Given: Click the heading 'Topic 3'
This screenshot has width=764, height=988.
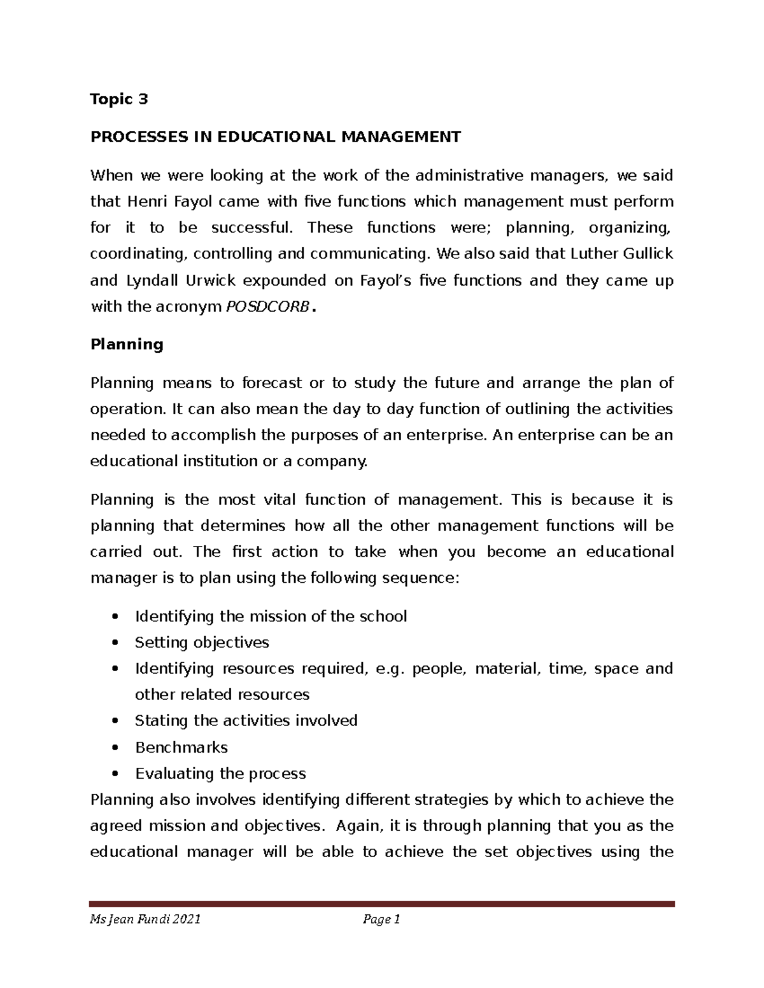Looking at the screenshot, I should click(x=119, y=99).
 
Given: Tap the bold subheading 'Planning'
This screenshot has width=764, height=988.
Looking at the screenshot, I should click(x=127, y=345).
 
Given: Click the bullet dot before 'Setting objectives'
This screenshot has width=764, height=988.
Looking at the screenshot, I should click(x=115, y=643).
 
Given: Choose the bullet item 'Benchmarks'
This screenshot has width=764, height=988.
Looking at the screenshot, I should click(x=181, y=748).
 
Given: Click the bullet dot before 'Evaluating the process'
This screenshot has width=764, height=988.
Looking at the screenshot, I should click(x=115, y=774).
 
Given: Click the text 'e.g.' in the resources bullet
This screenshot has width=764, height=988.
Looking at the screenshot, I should click(x=390, y=669).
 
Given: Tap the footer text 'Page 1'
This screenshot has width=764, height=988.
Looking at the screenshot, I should click(x=381, y=919).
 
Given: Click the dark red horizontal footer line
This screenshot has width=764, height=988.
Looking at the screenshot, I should click(x=382, y=903).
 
